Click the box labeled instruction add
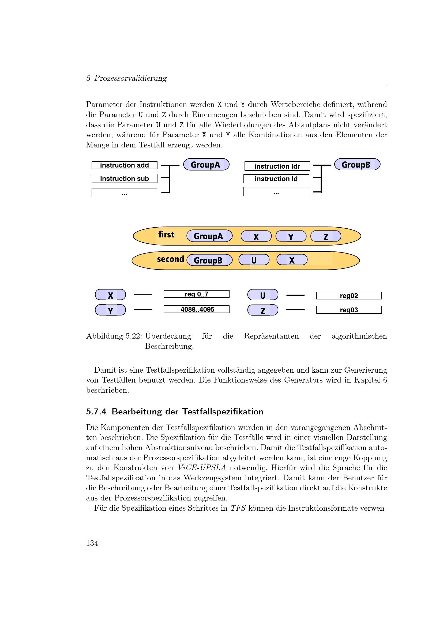click(x=124, y=165)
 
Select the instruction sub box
click(x=124, y=179)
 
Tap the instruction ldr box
click(x=277, y=166)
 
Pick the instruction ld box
click(x=276, y=179)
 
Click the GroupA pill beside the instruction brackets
click(x=206, y=164)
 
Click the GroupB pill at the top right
click(x=357, y=164)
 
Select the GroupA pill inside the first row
click(x=209, y=236)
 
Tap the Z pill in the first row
click(x=326, y=236)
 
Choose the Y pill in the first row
click(x=291, y=236)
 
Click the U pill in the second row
click(x=254, y=260)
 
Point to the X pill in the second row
click(x=292, y=260)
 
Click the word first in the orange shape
click(x=166, y=234)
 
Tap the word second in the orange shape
click(x=171, y=259)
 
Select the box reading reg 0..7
click(x=196, y=294)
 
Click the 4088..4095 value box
click(x=196, y=309)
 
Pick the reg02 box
click(x=349, y=296)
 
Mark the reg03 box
click(x=349, y=310)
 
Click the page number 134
click(x=92, y=543)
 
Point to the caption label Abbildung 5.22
click(x=114, y=336)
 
